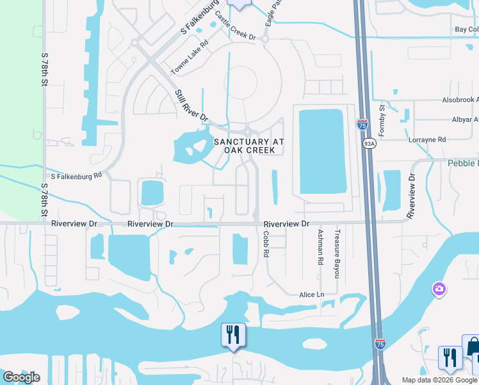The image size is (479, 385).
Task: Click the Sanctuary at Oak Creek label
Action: (x=248, y=146)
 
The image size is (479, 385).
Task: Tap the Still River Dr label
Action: (x=192, y=106)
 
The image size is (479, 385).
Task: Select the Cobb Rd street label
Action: (x=266, y=244)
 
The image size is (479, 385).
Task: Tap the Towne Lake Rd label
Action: (x=190, y=57)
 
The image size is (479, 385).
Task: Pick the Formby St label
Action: (x=382, y=120)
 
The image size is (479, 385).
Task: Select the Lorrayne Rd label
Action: (x=426, y=139)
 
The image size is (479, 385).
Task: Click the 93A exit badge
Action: (x=369, y=144)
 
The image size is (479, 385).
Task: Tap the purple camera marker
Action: (x=439, y=289)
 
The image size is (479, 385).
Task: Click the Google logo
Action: (x=21, y=377)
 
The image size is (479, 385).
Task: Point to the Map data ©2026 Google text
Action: (x=439, y=380)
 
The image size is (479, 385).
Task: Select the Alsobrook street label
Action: (x=460, y=100)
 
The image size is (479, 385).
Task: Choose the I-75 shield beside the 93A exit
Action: (x=362, y=124)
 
